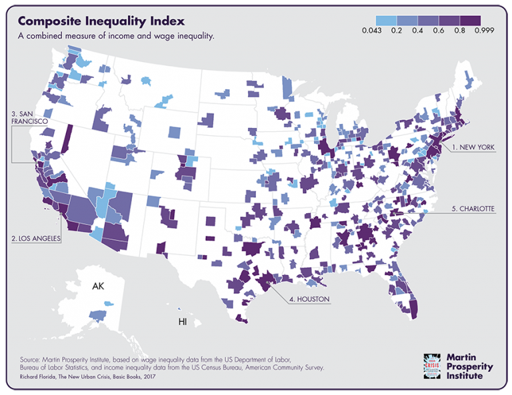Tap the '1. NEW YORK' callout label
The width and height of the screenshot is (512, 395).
(x=473, y=147)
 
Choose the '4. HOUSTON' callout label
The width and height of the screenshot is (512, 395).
(x=309, y=299)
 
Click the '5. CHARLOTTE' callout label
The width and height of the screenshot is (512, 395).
(x=473, y=208)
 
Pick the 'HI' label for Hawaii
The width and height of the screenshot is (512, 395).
(x=183, y=322)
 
